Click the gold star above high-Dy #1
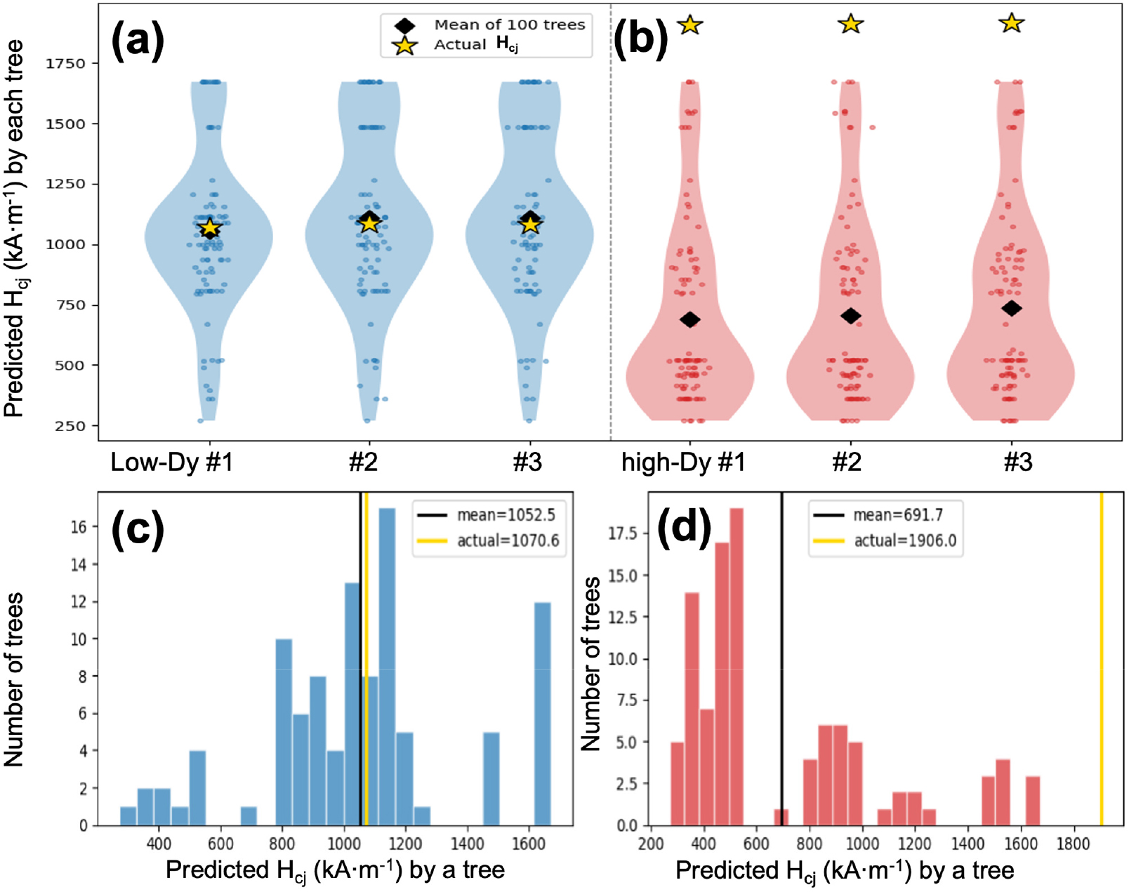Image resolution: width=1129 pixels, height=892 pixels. pyautogui.click(x=690, y=25)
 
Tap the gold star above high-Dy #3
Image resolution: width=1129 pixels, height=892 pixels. pyautogui.click(x=1012, y=23)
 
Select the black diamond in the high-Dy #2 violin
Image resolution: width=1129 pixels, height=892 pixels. pyautogui.click(x=850, y=316)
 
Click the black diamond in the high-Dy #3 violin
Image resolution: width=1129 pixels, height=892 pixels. pyautogui.click(x=1012, y=308)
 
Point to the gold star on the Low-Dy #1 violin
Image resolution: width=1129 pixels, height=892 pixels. pyautogui.click(x=210, y=227)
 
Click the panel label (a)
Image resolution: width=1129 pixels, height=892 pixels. pyautogui.click(x=138, y=41)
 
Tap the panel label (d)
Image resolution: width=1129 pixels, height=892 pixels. pyautogui.click(x=684, y=529)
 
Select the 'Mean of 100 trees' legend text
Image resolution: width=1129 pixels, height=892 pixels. pyautogui.click(x=510, y=25)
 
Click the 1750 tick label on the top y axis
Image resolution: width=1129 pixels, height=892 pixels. pyautogui.click(x=65, y=63)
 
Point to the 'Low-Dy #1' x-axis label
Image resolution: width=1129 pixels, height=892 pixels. pyautogui.click(x=171, y=462)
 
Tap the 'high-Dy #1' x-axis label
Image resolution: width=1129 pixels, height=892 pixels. pyautogui.click(x=683, y=462)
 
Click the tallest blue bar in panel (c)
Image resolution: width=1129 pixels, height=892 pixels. pyautogui.click(x=387, y=666)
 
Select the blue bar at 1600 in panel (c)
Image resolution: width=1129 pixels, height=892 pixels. pyautogui.click(x=542, y=714)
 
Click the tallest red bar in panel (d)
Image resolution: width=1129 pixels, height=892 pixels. pyautogui.click(x=736, y=667)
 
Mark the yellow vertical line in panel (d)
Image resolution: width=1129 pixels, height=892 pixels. pyautogui.click(x=1101, y=658)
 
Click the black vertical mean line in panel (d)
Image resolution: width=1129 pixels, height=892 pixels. pyautogui.click(x=781, y=658)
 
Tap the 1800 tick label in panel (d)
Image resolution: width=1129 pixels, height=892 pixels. pyautogui.click(x=1074, y=844)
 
